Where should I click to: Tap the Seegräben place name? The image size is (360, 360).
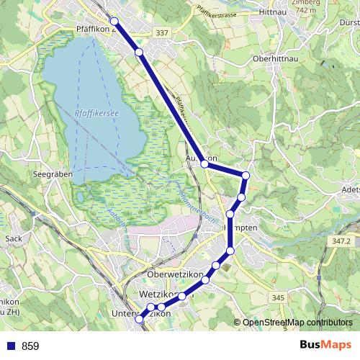point(49,174)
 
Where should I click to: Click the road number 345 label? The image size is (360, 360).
point(279,297)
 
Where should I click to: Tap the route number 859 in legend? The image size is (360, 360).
point(30,346)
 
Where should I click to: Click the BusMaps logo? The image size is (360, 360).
point(325,345)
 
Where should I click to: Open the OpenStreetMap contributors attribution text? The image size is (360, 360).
point(297,322)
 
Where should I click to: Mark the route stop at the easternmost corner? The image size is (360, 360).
point(246,176)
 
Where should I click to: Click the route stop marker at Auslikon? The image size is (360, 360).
point(204,165)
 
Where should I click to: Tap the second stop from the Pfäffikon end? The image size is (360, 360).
point(139,53)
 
